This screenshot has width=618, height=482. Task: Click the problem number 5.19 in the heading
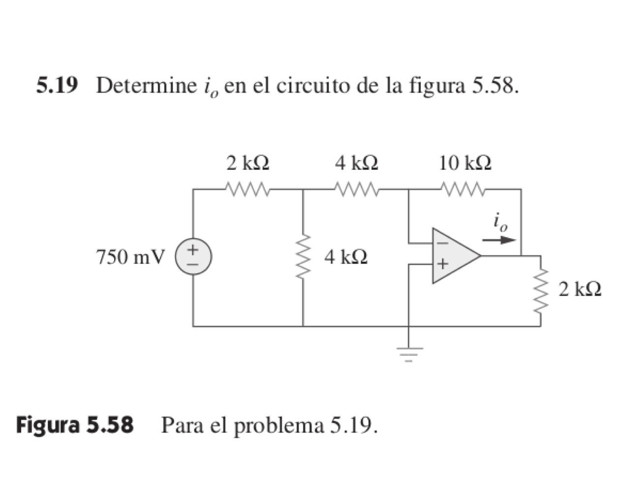tap(57, 86)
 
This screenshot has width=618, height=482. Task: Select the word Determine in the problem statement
tap(146, 86)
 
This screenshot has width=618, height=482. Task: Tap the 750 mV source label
tap(131, 257)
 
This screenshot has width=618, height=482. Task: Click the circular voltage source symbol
tap(193, 257)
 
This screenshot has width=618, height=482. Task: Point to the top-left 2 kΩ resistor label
tap(247, 162)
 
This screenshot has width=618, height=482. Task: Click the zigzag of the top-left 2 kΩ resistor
tap(247, 189)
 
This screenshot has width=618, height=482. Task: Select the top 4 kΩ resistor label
tap(357, 162)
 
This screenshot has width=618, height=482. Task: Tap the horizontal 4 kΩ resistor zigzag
tap(356, 189)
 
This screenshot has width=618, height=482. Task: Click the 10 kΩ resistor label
tap(465, 162)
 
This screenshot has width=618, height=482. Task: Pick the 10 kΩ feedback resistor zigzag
tap(464, 189)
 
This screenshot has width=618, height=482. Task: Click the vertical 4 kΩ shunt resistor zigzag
tap(303, 257)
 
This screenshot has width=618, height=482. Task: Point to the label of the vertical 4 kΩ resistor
tap(346, 257)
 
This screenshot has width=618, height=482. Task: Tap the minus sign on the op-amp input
tap(442, 243)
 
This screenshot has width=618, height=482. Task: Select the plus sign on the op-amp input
tap(442, 264)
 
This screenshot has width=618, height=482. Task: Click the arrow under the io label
tap(499, 241)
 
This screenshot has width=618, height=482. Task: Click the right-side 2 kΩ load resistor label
tap(580, 289)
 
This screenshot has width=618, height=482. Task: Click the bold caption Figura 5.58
tap(75, 424)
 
